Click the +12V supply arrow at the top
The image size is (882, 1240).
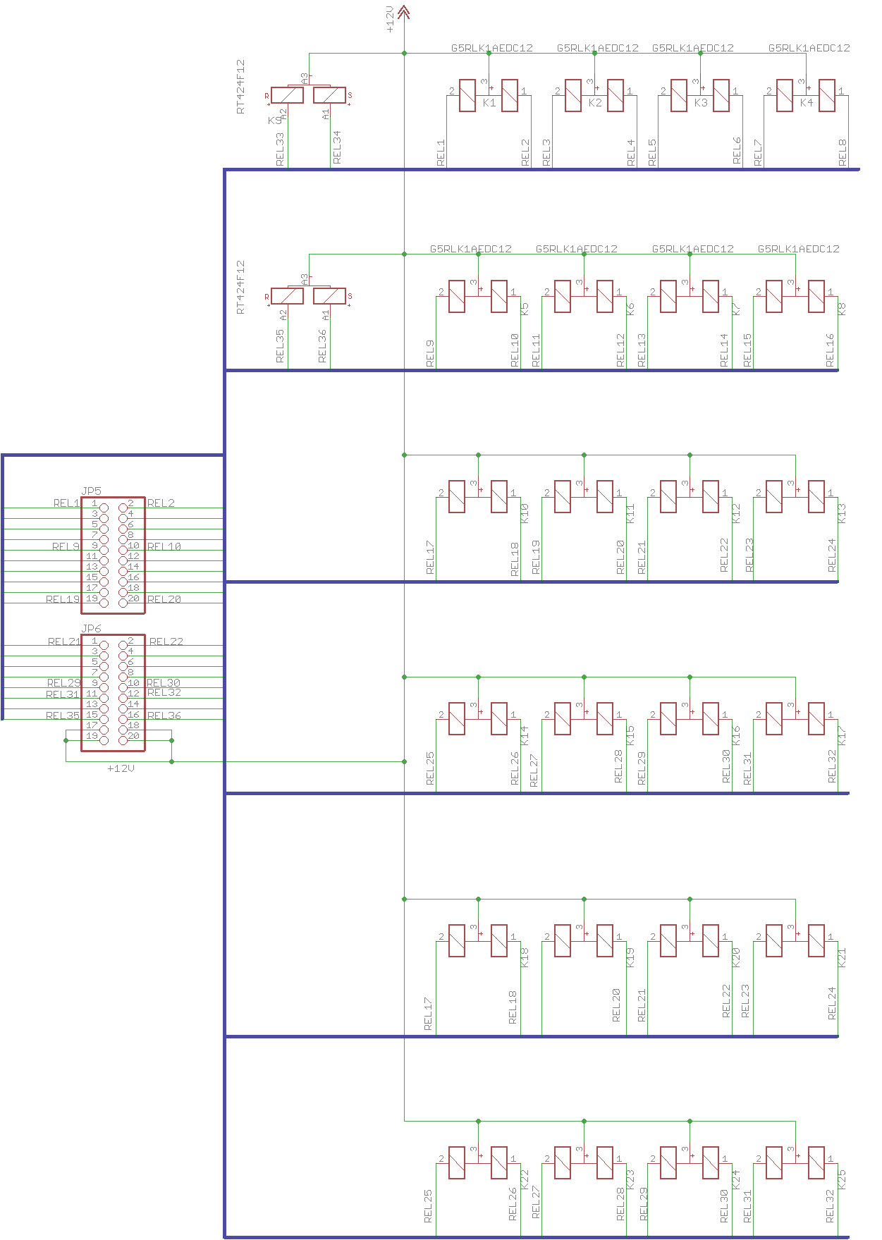(x=404, y=12)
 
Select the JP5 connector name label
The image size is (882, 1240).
(x=92, y=491)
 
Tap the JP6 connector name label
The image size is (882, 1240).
(x=92, y=628)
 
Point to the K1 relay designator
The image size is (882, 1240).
(x=489, y=103)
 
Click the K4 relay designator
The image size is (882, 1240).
(x=807, y=103)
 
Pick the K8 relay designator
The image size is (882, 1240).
(x=841, y=308)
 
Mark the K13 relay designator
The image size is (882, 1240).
(x=841, y=513)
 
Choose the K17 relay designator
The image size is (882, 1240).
(x=841, y=735)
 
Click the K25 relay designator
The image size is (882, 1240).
(x=841, y=1179)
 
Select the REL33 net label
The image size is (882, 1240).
(x=280, y=149)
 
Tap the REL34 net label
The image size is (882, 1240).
(x=336, y=147)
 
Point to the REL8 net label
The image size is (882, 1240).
(x=843, y=153)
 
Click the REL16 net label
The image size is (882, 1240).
(x=830, y=350)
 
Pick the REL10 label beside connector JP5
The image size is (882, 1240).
(x=164, y=546)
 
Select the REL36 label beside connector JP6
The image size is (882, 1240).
(x=164, y=716)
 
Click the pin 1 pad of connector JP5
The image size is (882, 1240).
(x=104, y=508)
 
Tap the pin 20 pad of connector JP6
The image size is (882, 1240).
(x=123, y=740)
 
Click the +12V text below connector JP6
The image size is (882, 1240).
(x=121, y=768)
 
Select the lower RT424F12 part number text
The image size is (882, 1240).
(x=240, y=287)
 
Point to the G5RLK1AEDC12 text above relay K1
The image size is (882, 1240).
(x=492, y=48)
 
